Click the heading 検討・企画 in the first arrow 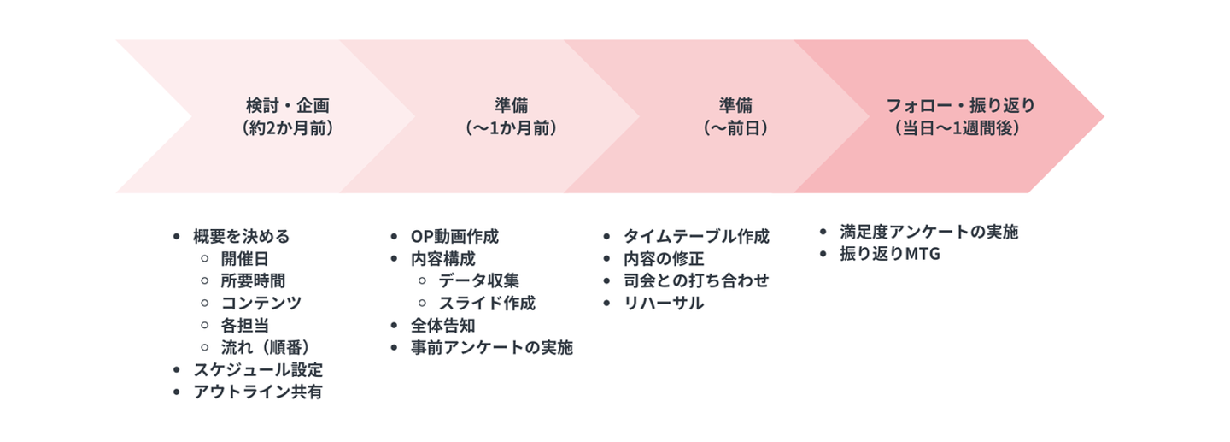tap(287, 105)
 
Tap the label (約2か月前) tap(287, 128)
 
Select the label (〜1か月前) tap(511, 128)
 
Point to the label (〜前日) tap(735, 128)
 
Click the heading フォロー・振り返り tap(960, 105)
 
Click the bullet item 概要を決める tap(241, 237)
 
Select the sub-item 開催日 tap(245, 259)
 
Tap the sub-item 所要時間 tap(253, 281)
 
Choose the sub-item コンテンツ tap(261, 303)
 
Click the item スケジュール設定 tap(258, 369)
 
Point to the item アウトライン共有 tap(258, 392)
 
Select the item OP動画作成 tap(454, 237)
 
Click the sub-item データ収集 tap(479, 281)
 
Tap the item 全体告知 tap(443, 326)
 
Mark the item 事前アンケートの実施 tap(492, 347)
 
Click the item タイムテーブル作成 tap(696, 237)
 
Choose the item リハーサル tap(664, 303)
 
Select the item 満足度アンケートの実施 tap(929, 232)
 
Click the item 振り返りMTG tap(890, 254)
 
